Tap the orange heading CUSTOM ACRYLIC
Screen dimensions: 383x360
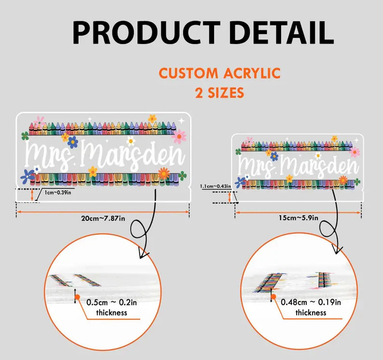tap(219, 73)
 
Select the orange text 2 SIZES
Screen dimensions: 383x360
tap(219, 93)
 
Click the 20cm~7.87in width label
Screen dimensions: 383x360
tap(103, 218)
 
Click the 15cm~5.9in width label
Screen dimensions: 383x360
tap(299, 218)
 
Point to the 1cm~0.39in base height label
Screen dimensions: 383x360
tap(58, 193)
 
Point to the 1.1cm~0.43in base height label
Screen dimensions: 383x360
tap(216, 186)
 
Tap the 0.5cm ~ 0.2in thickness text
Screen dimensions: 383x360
tap(111, 307)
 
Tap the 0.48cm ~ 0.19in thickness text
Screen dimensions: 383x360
tap(311, 307)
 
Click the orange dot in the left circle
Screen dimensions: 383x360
tap(78, 297)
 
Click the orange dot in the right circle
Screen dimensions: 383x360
tap(274, 297)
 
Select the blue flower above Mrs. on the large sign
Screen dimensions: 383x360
tap(72, 142)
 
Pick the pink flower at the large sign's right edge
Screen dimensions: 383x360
tap(179, 137)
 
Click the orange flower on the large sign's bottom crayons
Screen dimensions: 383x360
tap(164, 173)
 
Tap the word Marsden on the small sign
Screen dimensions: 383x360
tap(319, 166)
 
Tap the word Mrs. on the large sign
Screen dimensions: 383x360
tap(51, 155)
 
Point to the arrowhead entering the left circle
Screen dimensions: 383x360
tap(144, 253)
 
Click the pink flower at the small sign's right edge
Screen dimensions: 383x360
tap(355, 152)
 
